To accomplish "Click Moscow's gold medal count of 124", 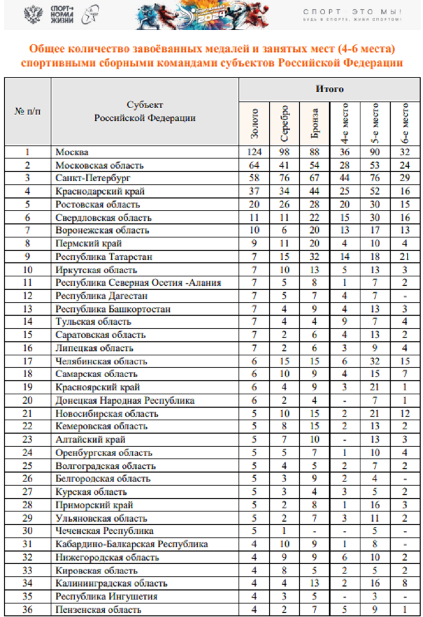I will pyautogui.click(x=254, y=152).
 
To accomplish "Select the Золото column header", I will pyautogui.click(x=254, y=124).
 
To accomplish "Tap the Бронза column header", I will pyautogui.click(x=315, y=124).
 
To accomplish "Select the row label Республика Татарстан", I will pyautogui.click(x=97, y=257).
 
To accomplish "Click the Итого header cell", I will pyautogui.click(x=329, y=89).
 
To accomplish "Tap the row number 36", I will pyautogui.click(x=27, y=609).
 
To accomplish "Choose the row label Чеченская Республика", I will pyautogui.click(x=105, y=531).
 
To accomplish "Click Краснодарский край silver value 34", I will pyautogui.click(x=284, y=191).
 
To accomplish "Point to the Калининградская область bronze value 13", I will pyautogui.click(x=315, y=583).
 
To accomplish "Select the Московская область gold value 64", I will pyautogui.click(x=254, y=165).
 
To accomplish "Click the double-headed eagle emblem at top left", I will pyautogui.click(x=35, y=14).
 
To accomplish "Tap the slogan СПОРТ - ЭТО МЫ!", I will pyautogui.click(x=352, y=12).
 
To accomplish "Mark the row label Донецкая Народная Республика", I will pyautogui.click(x=125, y=400).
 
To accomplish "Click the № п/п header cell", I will pyautogui.click(x=27, y=111).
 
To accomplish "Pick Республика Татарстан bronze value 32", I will pyautogui.click(x=315, y=257).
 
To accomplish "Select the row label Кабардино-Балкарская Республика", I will pyautogui.click(x=132, y=544).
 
